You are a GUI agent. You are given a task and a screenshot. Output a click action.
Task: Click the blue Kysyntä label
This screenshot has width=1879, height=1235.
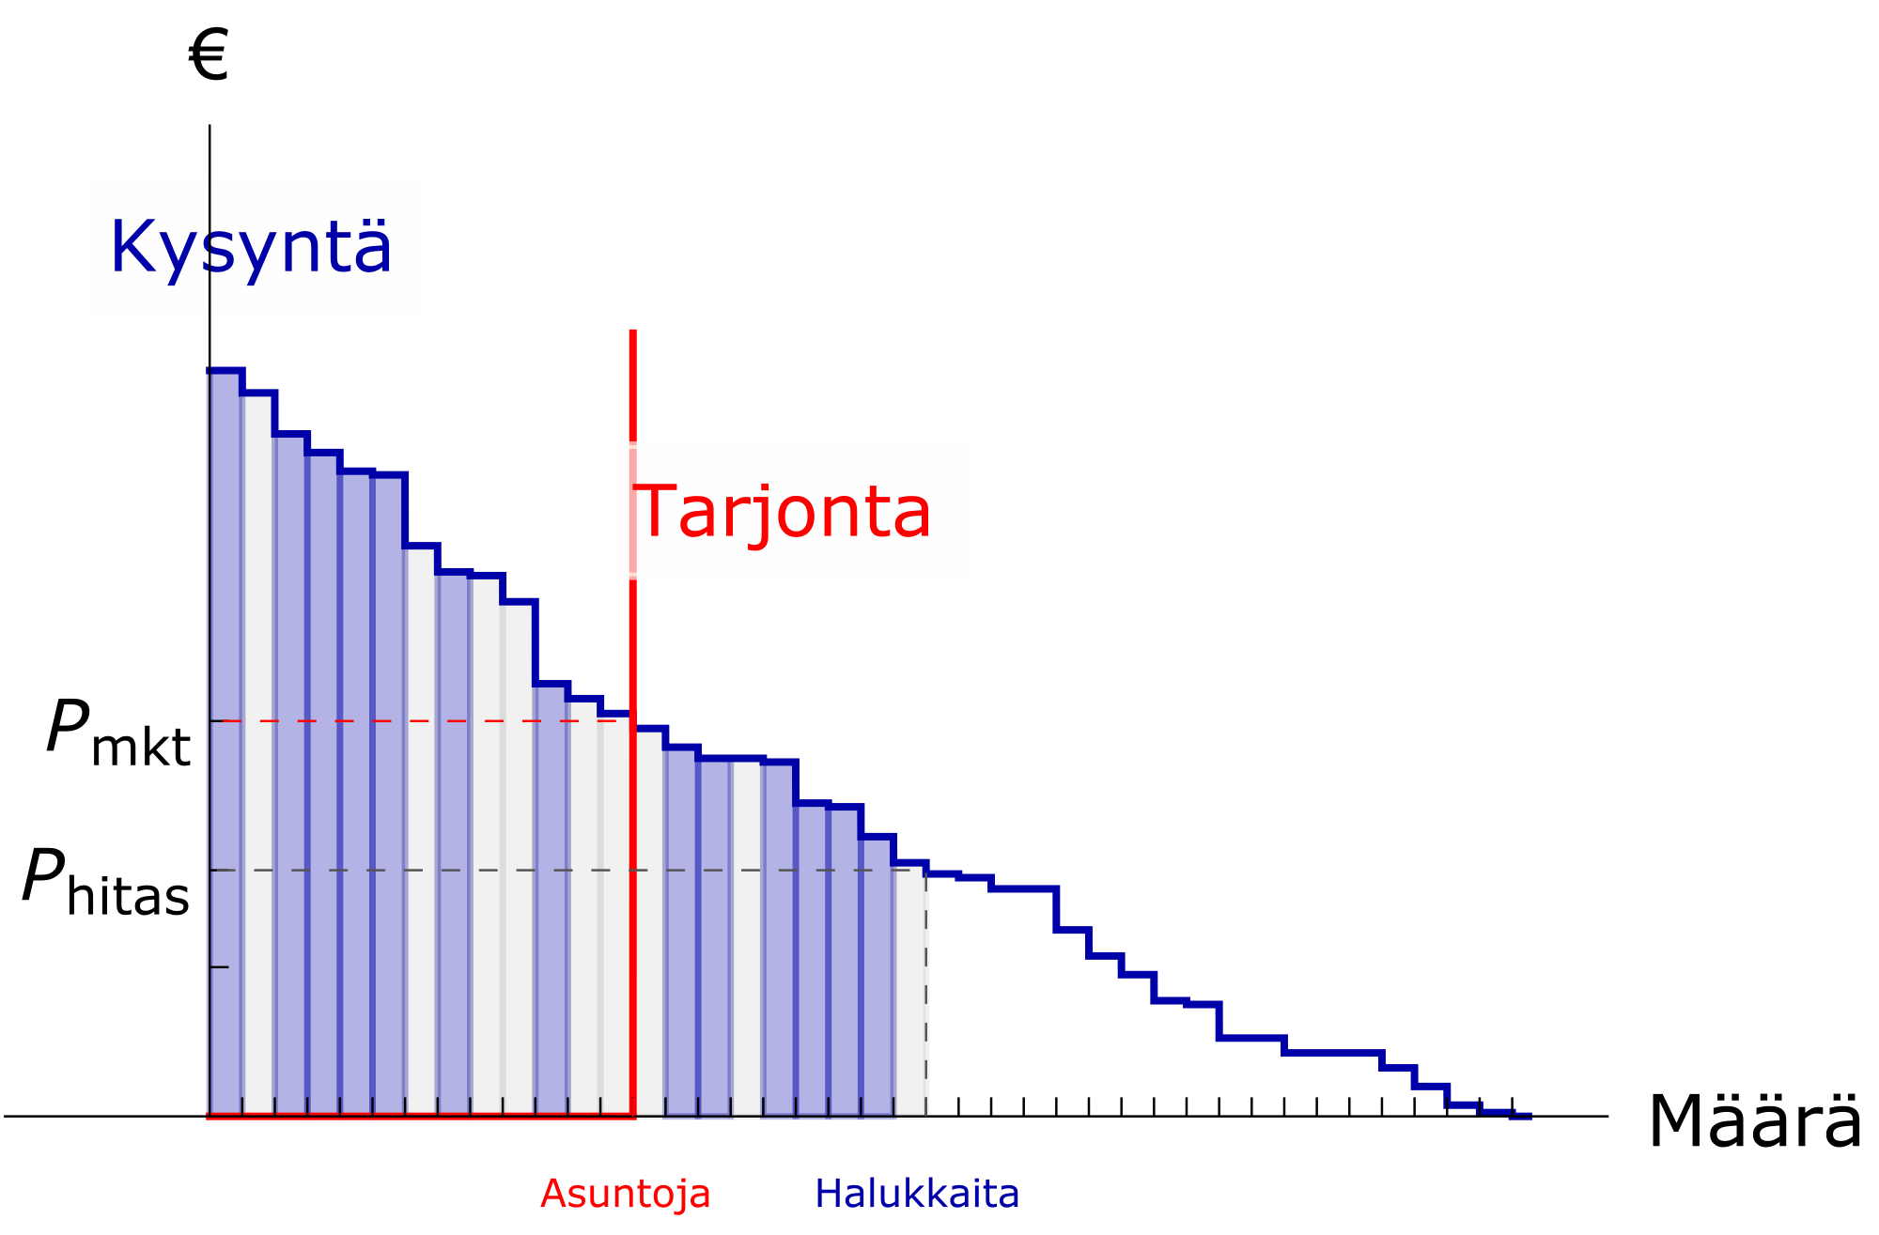251,246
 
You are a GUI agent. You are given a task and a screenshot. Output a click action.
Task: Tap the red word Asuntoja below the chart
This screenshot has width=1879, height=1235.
626,1194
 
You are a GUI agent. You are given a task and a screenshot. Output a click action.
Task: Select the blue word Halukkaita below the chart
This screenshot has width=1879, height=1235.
917,1194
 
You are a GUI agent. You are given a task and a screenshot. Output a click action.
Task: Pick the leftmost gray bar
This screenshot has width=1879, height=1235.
257,751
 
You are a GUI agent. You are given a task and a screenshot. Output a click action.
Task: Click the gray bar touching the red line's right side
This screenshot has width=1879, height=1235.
649,920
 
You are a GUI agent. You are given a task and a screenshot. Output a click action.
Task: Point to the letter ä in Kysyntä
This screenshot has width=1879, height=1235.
373,246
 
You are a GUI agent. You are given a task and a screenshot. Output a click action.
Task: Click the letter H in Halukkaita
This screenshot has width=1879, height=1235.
827,1194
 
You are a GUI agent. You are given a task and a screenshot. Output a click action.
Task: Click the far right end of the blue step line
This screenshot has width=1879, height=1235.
1530,1115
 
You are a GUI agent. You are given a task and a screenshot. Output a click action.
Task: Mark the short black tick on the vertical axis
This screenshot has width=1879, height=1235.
220,966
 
